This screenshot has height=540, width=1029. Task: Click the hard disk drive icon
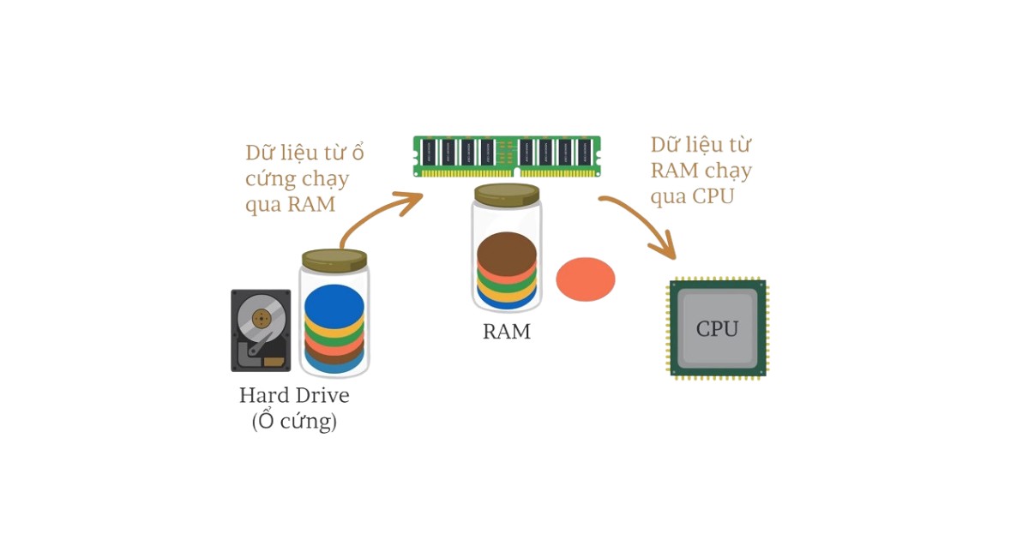[x=261, y=330]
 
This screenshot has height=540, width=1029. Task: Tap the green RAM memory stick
[x=507, y=155]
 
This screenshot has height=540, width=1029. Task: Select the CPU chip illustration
[x=718, y=327]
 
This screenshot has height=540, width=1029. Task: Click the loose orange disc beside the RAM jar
[x=586, y=279]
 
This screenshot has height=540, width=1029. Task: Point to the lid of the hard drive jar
[x=334, y=258]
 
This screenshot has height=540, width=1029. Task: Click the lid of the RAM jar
[x=507, y=195]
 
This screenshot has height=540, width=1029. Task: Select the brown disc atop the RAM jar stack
[x=507, y=250]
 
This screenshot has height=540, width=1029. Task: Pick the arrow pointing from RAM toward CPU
[x=639, y=223]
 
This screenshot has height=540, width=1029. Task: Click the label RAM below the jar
[x=507, y=332]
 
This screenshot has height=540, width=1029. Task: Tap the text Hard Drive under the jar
[x=294, y=396]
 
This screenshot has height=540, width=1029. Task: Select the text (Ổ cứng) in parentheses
[x=294, y=422]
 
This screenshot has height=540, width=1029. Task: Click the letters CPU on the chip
[x=717, y=328]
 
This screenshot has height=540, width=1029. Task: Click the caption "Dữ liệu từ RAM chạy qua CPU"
[x=700, y=170]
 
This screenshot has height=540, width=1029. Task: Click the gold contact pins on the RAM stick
[x=507, y=172]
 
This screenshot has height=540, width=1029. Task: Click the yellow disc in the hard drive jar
[x=334, y=327]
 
